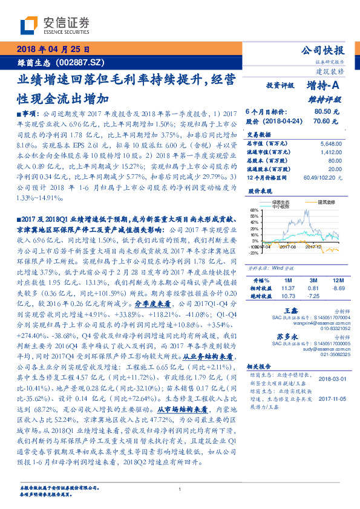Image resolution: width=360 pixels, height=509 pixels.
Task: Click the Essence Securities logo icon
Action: tap(28, 25)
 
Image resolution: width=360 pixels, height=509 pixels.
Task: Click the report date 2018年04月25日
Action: tap(53, 49)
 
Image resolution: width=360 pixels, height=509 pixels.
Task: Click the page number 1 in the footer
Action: tap(180, 490)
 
